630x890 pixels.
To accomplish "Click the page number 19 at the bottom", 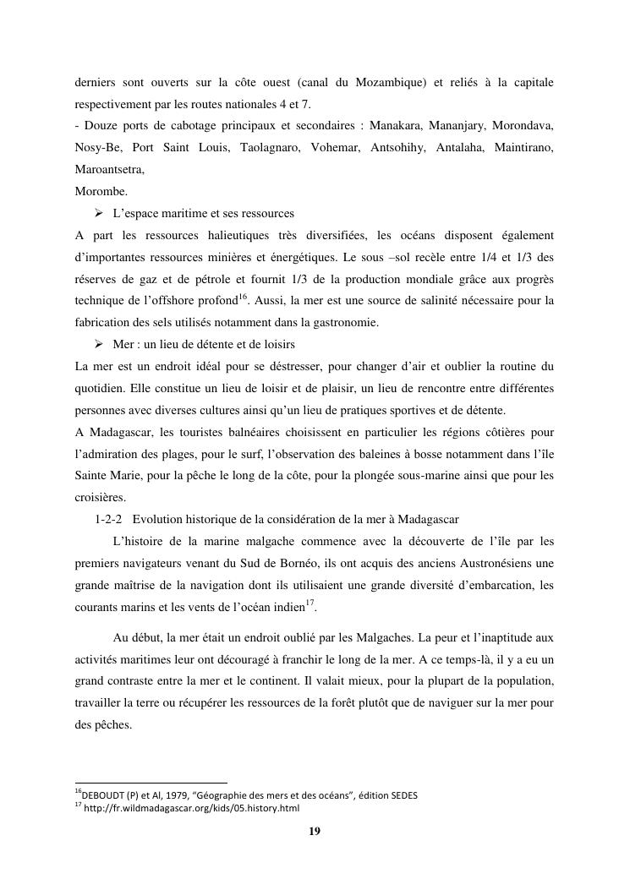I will coord(315,832).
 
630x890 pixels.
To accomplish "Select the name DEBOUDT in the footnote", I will coord(104,795).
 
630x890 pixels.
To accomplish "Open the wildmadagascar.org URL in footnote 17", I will coord(192,809).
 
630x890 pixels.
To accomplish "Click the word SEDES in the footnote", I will coord(400,795).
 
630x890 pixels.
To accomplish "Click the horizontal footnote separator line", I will coord(151,784).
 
